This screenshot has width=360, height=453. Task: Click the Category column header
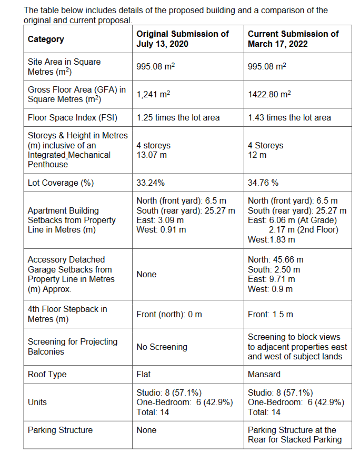click(46, 39)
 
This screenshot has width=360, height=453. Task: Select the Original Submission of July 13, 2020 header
click(182, 38)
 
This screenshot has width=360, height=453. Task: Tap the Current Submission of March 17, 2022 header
click(293, 38)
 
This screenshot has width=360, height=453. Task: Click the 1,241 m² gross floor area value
click(153, 95)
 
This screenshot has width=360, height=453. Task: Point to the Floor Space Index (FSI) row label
click(73, 117)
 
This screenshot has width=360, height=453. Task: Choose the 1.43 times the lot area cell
click(289, 117)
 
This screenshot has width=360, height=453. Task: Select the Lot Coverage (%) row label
click(61, 183)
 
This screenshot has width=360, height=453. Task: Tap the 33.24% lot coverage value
click(151, 183)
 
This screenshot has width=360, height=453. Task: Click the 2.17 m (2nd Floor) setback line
click(303, 230)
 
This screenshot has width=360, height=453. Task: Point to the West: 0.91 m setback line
click(161, 230)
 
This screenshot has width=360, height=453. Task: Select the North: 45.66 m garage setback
click(275, 260)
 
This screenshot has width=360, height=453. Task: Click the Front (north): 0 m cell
click(169, 314)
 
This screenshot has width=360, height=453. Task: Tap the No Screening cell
click(162, 347)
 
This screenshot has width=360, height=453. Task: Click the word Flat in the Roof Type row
click(143, 375)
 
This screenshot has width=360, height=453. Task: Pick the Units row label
click(37, 402)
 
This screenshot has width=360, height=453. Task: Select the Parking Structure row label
click(60, 430)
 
